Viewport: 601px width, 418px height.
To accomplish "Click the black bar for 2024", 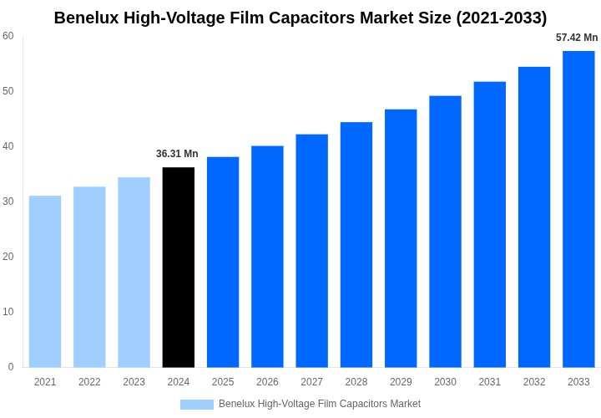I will [179, 268].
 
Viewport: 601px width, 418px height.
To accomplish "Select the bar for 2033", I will [578, 209].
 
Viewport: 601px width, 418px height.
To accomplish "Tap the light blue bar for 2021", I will [45, 282].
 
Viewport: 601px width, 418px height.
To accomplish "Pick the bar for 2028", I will [356, 245].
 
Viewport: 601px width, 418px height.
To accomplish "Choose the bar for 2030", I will [445, 232].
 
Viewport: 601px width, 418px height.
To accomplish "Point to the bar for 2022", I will [89, 277].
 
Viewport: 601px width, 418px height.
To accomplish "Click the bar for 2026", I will [267, 257].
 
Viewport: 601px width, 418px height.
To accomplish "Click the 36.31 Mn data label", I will [177, 154].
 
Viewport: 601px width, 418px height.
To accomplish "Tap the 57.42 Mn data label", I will [577, 38].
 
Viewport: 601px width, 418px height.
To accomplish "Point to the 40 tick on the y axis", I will [8, 146].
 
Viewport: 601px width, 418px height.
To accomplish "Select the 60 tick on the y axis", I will [8, 36].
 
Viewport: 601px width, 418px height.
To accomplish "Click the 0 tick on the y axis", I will [11, 367].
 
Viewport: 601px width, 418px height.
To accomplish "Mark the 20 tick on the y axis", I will [8, 257].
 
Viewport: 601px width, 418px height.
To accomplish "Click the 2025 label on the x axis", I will [223, 382].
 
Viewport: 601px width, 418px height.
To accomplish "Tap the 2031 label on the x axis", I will [490, 382].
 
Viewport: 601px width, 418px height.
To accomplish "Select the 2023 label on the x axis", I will [134, 382].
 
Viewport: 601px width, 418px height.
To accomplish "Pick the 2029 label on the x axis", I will [401, 382].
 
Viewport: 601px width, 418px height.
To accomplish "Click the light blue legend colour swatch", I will [197, 405].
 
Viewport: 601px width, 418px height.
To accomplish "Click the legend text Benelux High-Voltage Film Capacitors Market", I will [320, 405].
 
